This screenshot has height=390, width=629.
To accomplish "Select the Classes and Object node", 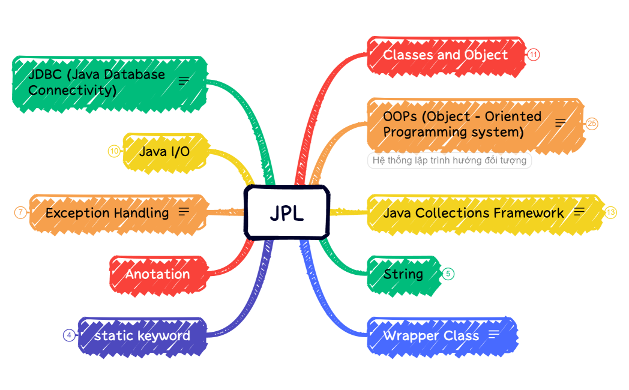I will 445,55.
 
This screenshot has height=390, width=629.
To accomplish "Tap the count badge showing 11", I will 534,55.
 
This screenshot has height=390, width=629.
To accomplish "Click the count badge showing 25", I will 592,124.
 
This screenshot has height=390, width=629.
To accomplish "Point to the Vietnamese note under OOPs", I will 449,161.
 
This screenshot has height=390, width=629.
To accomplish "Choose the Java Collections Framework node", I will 473,213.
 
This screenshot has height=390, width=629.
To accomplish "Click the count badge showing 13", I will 611,212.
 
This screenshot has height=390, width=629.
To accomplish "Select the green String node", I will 403,274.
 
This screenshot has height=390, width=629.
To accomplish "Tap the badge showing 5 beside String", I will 448,274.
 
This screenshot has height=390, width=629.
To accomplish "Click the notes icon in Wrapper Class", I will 494,334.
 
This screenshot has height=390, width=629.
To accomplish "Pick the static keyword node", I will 142,335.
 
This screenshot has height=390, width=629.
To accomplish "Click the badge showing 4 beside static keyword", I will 70,335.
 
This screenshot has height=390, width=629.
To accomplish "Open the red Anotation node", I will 157,274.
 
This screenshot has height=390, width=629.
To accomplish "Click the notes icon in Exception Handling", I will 184,211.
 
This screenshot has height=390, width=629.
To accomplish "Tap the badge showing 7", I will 20,212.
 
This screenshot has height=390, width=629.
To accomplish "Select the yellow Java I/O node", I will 164,151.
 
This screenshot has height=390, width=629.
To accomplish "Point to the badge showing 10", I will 115,151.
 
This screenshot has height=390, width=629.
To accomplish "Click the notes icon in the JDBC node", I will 184,81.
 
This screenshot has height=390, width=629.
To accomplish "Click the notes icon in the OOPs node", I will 560,123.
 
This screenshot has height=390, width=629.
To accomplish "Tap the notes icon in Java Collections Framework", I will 579,211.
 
